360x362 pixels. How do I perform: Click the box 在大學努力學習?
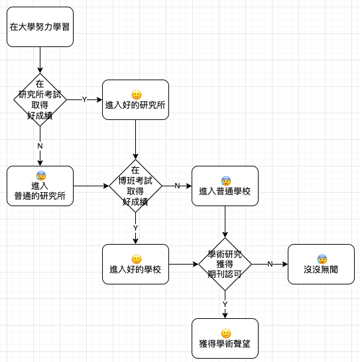tap(40, 27)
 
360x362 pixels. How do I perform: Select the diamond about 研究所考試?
tap(40, 99)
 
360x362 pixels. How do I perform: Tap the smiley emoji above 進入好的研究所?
tap(137, 95)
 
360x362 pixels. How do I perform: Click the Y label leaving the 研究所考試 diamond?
tap(84, 99)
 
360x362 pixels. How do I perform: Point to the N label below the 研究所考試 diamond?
tap(40, 146)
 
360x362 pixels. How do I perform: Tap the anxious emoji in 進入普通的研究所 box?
tap(41, 176)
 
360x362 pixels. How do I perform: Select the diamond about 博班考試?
tap(135, 186)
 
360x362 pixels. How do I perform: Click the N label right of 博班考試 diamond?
tap(177, 186)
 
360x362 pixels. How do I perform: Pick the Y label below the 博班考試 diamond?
tap(135, 228)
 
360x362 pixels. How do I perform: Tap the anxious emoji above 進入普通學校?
tap(226, 181)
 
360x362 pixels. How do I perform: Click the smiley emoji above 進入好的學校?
tap(137, 259)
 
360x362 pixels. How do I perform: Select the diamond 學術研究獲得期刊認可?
tap(225, 264)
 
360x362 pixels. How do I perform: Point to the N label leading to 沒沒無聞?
tap(270, 264)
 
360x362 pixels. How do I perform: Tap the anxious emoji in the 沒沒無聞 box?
tap(322, 259)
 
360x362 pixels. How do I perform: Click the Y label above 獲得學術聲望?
tap(225, 304)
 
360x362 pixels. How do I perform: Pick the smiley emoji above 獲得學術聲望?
tap(226, 333)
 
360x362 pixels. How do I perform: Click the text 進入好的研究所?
tap(135, 105)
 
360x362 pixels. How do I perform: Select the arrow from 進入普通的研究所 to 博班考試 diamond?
tap(91, 186)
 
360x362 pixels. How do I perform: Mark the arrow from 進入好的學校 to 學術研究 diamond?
tap(184, 264)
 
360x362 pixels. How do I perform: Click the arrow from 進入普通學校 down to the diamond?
tap(225, 221)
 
